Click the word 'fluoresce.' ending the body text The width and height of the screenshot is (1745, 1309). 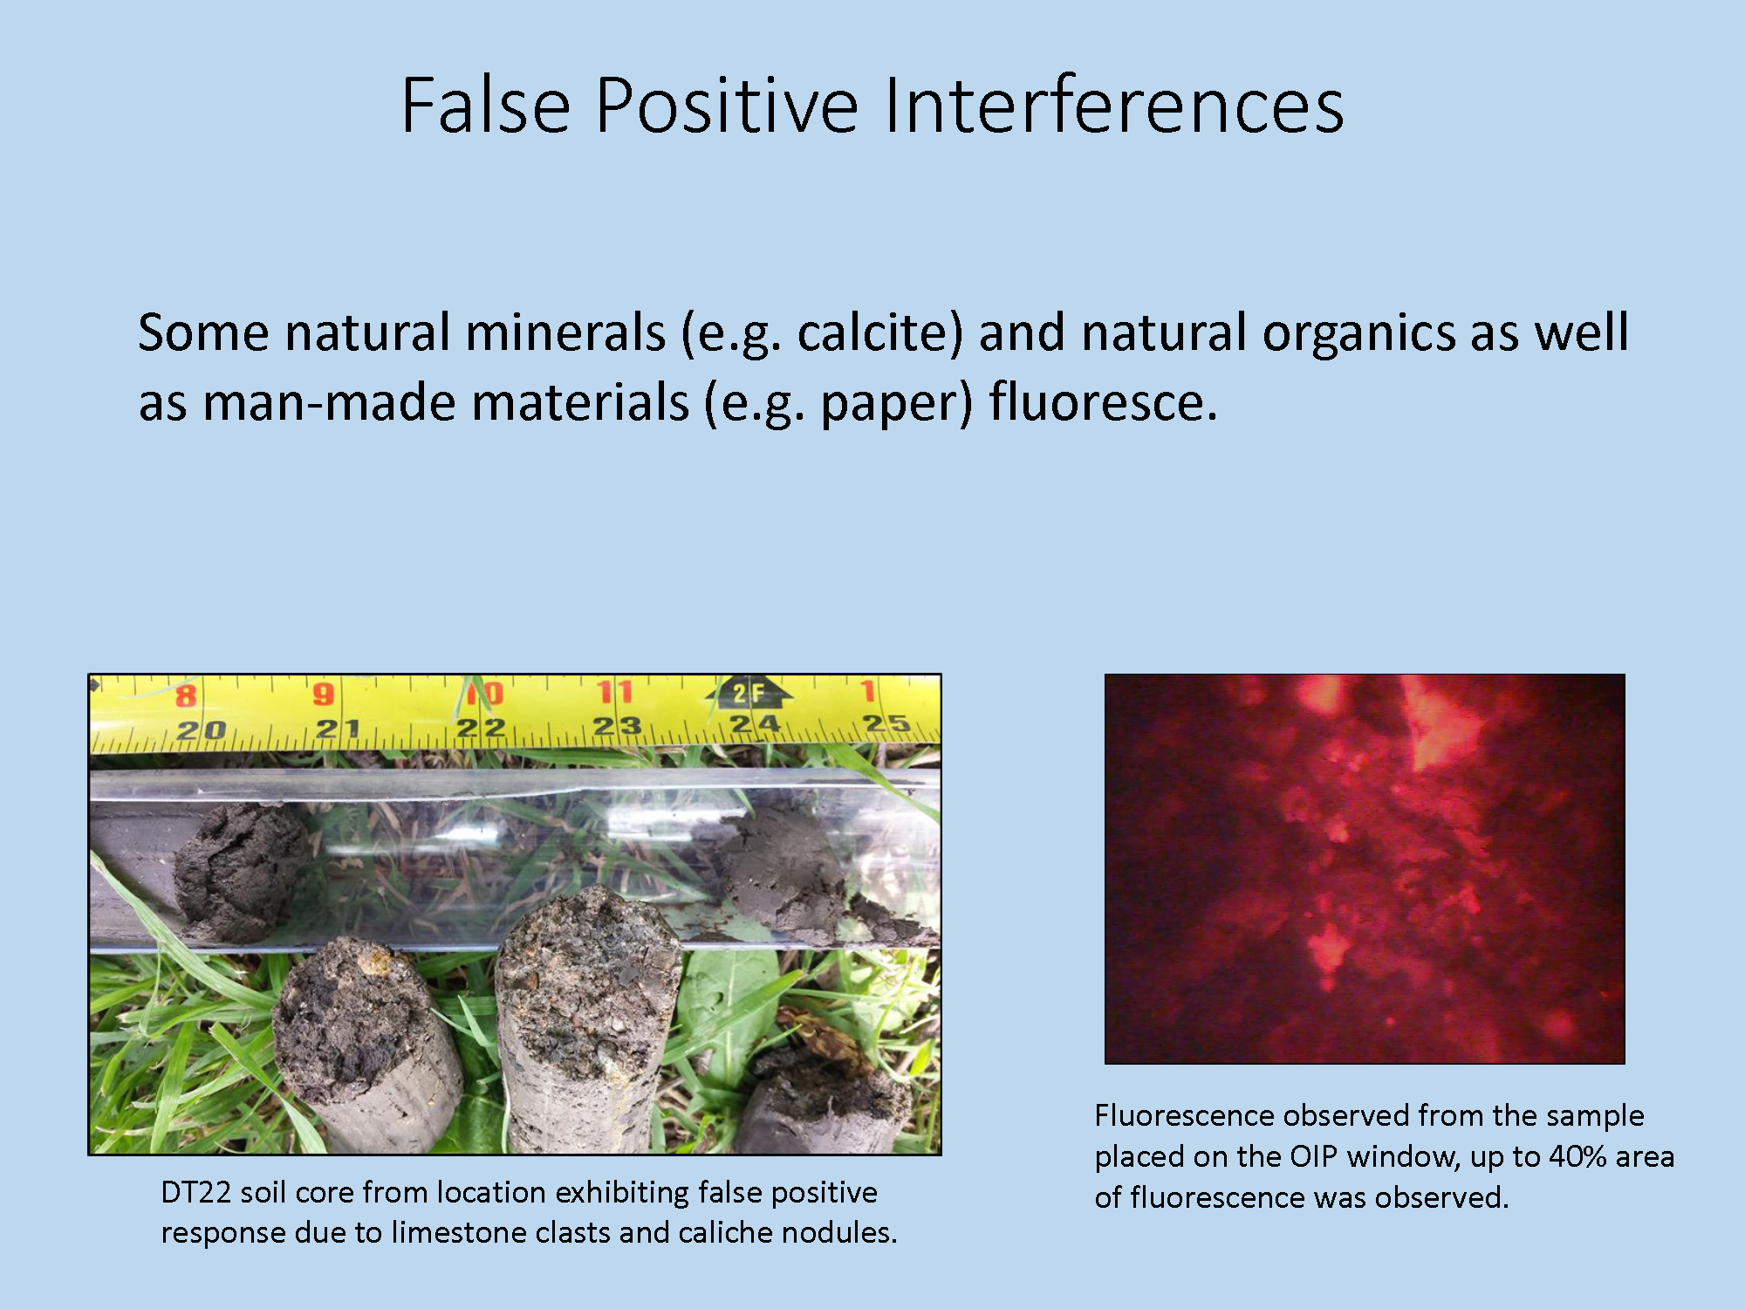pos(1103,402)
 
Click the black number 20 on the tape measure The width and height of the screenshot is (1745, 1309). pos(201,730)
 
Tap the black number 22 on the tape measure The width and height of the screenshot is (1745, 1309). pos(482,727)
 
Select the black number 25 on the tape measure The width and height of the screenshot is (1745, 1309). pos(886,723)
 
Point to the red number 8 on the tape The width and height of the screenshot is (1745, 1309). pos(186,696)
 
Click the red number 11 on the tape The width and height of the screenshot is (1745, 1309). pos(615,692)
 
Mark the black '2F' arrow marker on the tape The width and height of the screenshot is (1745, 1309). pos(749,693)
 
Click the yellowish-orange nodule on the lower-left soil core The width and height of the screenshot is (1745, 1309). pos(376,963)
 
